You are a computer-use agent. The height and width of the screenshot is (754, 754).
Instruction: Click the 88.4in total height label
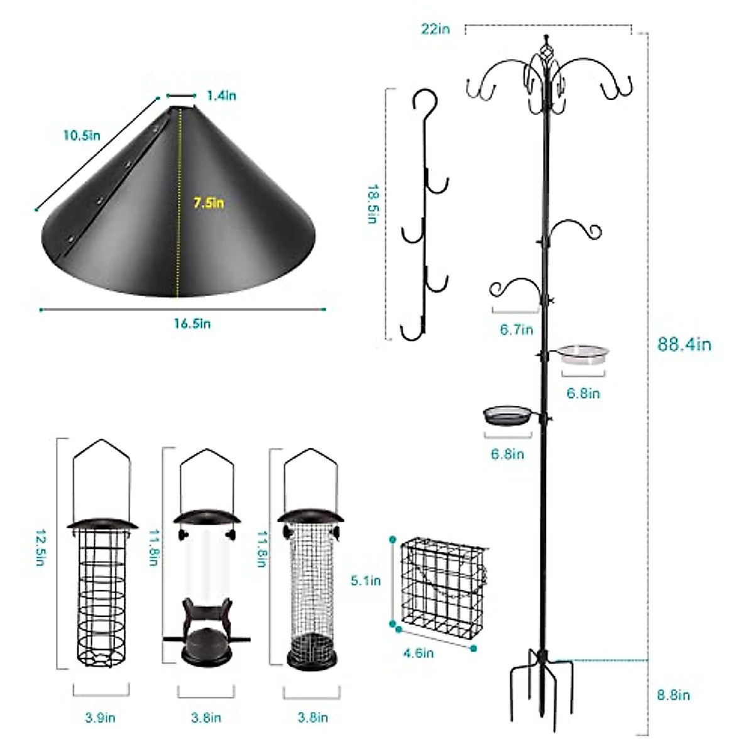684,344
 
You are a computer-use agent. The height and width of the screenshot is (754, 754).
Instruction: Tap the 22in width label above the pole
435,29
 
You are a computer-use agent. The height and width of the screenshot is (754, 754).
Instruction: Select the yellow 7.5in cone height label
209,202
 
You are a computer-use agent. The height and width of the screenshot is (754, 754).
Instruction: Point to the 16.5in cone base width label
192,324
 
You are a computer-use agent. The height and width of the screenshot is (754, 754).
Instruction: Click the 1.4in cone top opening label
221,96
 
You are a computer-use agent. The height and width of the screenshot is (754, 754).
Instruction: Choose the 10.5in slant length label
81,135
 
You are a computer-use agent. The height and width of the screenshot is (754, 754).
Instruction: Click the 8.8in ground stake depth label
672,695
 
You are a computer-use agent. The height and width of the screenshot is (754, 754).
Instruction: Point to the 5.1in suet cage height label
366,581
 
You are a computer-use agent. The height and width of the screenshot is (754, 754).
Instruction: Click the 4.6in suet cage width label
418,653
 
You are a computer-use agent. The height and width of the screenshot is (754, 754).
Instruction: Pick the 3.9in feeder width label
101,718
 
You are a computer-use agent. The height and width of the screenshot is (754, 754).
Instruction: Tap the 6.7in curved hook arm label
516,329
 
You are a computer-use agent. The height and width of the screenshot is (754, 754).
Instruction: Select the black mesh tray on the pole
506,416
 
